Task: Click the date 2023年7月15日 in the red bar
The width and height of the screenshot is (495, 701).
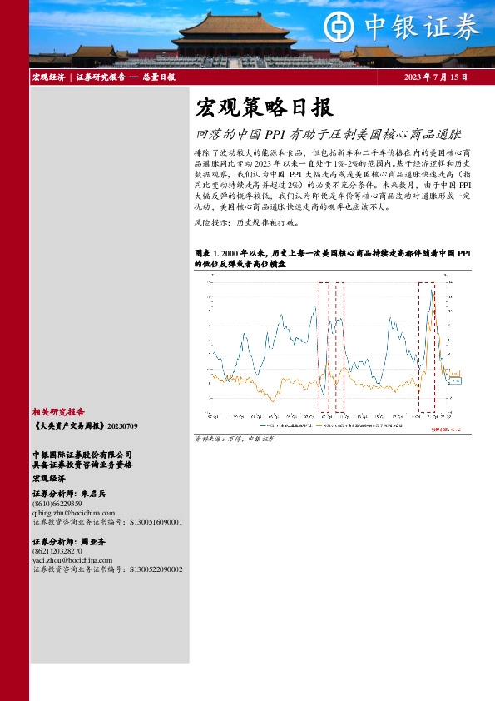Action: click(435, 77)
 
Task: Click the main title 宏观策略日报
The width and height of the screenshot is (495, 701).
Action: click(264, 107)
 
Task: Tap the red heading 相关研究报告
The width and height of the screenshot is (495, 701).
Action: click(58, 411)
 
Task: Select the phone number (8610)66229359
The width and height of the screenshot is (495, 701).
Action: click(57, 504)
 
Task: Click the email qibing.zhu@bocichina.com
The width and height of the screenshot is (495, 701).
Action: click(70, 513)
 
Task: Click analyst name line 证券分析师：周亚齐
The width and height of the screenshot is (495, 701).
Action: click(69, 541)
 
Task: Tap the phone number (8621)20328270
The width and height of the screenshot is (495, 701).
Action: click(57, 551)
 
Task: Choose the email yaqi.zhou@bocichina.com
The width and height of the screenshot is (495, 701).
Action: click(71, 560)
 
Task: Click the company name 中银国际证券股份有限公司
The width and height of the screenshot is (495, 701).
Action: click(82, 455)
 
